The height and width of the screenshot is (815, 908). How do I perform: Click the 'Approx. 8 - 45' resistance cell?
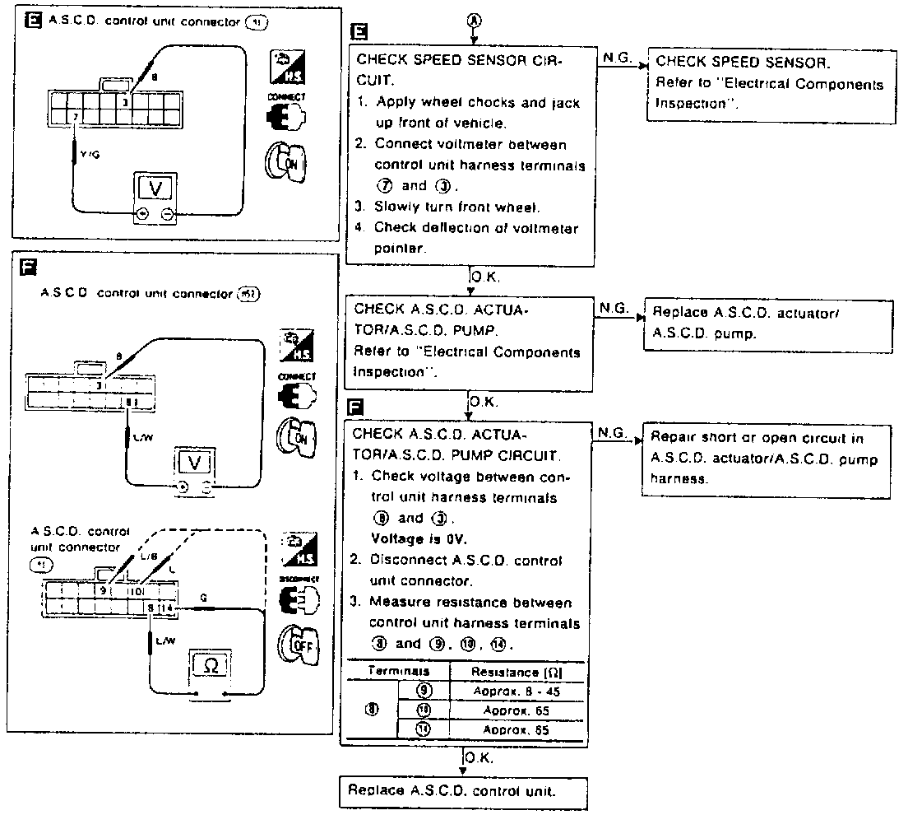point(517,691)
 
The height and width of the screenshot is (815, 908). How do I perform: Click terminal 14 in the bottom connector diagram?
point(168,608)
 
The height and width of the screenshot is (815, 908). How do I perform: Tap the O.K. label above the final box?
point(479,757)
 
